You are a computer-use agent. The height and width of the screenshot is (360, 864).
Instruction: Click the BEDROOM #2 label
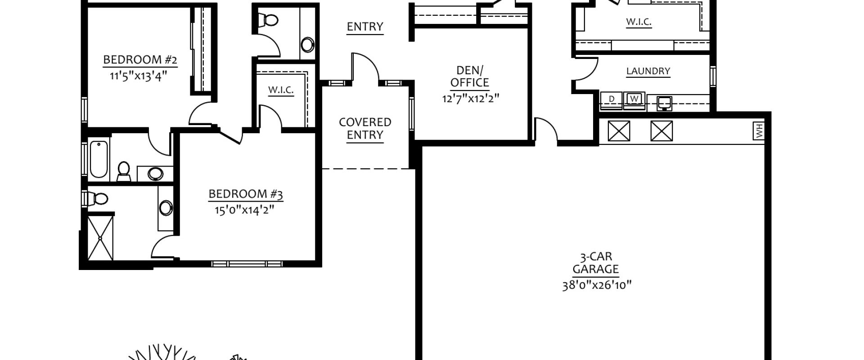tap(140, 60)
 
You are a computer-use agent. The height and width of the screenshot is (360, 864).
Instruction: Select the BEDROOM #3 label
tap(246, 194)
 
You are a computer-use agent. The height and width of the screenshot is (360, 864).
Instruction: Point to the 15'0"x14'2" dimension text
tap(244, 210)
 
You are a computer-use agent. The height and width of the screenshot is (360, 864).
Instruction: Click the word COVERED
tap(365, 122)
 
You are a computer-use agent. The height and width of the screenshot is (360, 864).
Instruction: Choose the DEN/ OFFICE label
tap(470, 76)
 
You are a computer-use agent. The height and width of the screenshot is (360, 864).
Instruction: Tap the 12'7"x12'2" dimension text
tap(471, 98)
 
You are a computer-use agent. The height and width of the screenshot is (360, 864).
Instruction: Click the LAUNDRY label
tap(648, 71)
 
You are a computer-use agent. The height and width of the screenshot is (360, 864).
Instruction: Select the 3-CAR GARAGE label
tap(596, 263)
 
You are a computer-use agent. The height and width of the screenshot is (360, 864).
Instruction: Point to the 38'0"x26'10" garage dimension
tap(597, 285)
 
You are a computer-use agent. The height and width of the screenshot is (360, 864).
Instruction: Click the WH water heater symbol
tap(759, 131)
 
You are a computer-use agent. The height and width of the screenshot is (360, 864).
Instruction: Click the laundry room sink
tap(664, 103)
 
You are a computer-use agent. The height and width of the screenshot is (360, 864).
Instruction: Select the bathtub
tap(99, 160)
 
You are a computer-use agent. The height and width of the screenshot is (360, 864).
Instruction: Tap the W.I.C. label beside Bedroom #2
tap(281, 90)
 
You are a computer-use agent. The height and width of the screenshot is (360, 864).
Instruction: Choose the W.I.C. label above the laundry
tap(639, 22)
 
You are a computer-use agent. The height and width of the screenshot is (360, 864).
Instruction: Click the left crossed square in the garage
tap(619, 131)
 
